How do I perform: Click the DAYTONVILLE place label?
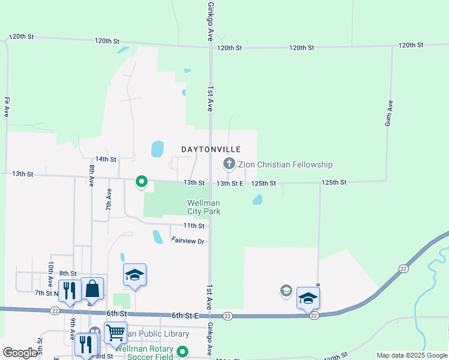click(211, 149)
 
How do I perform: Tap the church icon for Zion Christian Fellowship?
click(229, 163)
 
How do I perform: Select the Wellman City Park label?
click(203, 207)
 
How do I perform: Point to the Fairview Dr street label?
click(188, 241)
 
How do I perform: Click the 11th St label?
click(194, 226)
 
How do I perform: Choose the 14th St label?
click(105, 159)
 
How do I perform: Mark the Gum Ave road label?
click(388, 113)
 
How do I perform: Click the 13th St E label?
click(230, 183)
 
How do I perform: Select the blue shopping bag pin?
click(92, 289)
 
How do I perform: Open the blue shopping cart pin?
click(115, 331)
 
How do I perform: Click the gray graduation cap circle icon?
click(286, 292)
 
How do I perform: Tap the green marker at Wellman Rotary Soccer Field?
click(184, 353)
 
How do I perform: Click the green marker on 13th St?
click(142, 181)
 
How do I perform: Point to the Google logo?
click(20, 353)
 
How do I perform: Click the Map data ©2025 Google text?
click(411, 355)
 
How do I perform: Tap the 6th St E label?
click(185, 315)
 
